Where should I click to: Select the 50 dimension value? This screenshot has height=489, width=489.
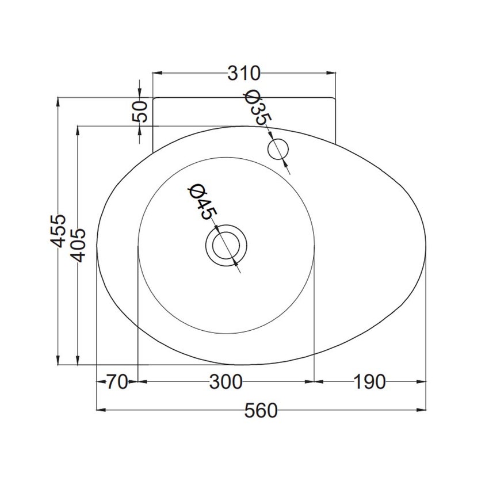coord(141,110)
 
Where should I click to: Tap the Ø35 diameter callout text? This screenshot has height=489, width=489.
coord(257,108)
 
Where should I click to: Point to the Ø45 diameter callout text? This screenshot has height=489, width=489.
coord(203,201)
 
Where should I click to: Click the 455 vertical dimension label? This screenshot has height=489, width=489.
coord(58,231)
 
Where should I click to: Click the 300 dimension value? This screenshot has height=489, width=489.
coord(226,381)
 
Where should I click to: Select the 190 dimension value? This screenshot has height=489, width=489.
coord(368,381)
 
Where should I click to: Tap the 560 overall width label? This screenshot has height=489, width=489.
coord(261,411)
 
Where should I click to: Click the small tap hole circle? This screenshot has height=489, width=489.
coord(280,148)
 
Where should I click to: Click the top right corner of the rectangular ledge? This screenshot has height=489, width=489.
coord(335,98)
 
